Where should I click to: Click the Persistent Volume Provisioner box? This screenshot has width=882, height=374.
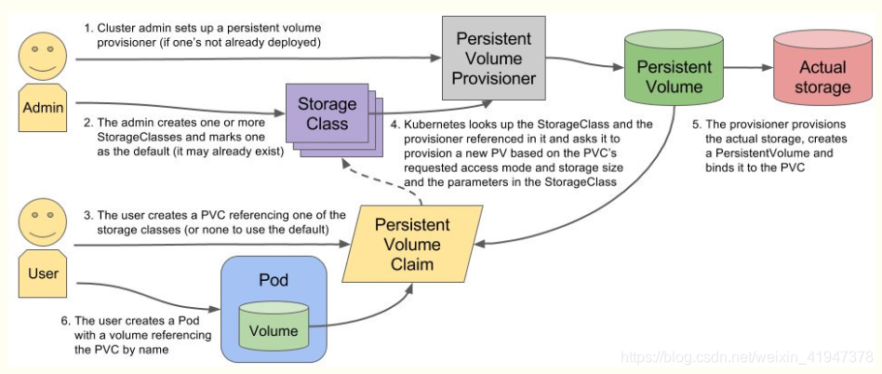click(x=493, y=58)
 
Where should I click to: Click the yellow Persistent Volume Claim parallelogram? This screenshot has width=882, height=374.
click(x=413, y=244)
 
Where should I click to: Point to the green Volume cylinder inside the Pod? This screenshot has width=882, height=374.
click(x=274, y=325)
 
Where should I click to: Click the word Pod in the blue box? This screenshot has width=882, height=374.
click(x=274, y=279)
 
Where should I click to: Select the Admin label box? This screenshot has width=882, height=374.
click(x=43, y=106)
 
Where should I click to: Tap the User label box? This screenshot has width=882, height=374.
click(x=43, y=273)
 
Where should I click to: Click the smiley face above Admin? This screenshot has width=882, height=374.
click(x=43, y=56)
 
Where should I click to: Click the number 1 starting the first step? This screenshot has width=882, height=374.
click(x=87, y=28)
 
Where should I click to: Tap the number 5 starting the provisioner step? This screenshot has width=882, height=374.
click(x=696, y=125)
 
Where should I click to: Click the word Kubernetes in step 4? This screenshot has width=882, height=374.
click(x=426, y=124)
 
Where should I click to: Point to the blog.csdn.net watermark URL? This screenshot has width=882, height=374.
click(x=746, y=356)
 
